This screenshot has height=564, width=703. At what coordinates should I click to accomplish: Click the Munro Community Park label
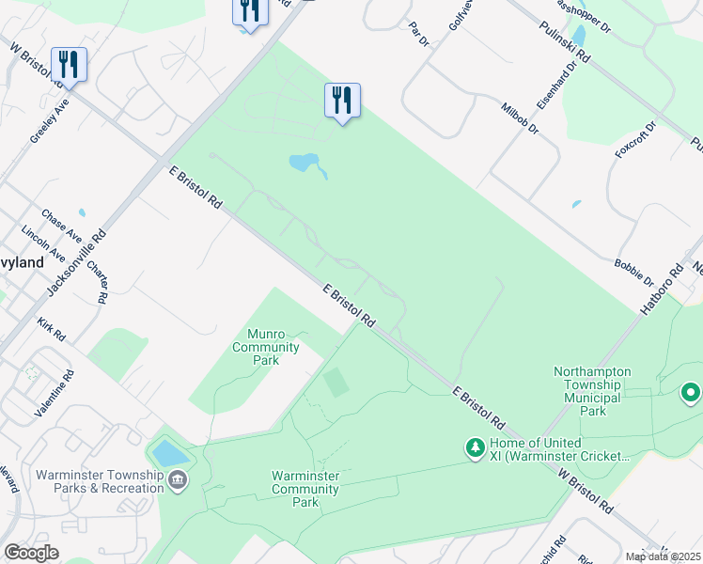tap(273, 347)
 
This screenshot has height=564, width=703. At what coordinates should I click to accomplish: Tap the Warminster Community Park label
tap(305, 489)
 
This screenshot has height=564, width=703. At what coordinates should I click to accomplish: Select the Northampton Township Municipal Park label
tap(601, 391)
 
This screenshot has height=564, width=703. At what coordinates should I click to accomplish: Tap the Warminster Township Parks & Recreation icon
tap(178, 481)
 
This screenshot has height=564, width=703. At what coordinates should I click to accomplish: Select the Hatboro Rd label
tap(664, 290)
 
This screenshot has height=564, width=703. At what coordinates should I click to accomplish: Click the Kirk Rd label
tap(51, 329)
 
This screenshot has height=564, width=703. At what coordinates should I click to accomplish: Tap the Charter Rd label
tap(97, 281)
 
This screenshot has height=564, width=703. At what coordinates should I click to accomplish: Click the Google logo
tap(32, 553)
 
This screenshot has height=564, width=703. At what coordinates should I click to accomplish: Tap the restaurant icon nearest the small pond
tap(342, 100)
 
